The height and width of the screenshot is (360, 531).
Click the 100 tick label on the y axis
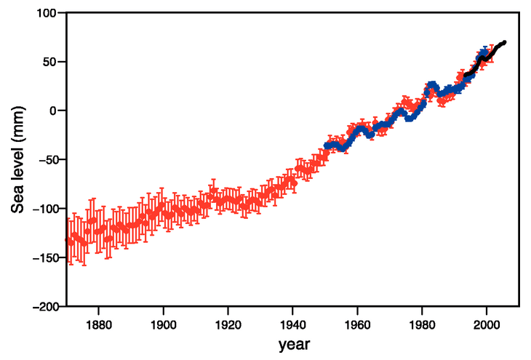point(46,12)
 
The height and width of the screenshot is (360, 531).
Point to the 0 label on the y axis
point(53,111)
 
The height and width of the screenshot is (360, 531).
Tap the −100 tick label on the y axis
point(43,209)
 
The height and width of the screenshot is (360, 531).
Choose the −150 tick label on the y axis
point(43,258)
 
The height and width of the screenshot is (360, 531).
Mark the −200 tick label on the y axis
point(43,307)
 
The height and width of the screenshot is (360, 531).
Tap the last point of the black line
point(504,42)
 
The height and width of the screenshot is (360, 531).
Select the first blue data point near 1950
point(326,147)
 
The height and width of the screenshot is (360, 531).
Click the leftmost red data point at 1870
point(68,241)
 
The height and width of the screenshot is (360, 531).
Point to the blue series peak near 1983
point(432,85)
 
